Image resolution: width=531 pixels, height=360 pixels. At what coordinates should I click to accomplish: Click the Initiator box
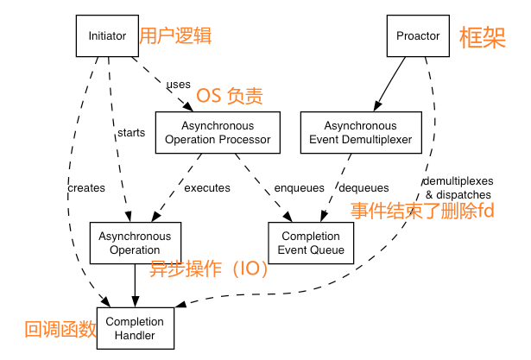tap(107, 36)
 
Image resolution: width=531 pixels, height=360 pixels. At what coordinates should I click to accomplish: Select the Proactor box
tap(418, 36)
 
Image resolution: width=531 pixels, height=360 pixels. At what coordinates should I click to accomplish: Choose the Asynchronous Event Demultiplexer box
tap(361, 132)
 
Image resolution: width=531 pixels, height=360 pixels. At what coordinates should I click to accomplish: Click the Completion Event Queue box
tap(311, 243)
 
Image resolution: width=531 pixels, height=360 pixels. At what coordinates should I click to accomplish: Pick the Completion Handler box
tap(134, 327)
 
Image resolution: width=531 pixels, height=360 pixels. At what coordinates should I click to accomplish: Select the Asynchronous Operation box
tap(134, 243)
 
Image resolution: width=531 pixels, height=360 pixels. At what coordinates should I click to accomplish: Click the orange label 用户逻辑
tap(175, 36)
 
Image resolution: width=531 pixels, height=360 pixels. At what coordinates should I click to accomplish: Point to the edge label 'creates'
tap(85, 187)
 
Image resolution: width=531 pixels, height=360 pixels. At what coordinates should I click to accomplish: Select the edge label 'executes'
tap(207, 187)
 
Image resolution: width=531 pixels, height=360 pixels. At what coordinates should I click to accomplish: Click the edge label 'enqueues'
tap(299, 187)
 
